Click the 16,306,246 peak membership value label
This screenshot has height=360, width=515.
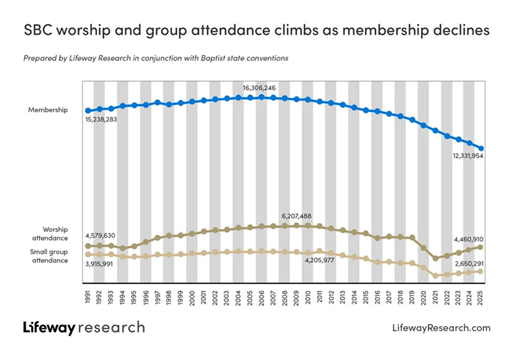click(259, 88)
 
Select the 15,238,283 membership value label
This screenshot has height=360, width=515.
click(102, 119)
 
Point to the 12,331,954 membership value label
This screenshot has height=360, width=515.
click(468, 156)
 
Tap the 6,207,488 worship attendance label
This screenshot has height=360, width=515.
click(296, 216)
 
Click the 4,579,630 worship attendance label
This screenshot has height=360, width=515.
click(100, 236)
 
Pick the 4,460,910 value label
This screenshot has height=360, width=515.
click(469, 239)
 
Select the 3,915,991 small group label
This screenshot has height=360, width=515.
click(99, 264)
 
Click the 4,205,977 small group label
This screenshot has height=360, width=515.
click(319, 261)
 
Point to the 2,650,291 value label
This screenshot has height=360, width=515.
click(469, 264)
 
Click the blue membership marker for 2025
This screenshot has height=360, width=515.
click(481, 149)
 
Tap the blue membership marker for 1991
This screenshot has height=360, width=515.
click(88, 110)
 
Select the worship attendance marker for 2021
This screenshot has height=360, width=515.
click(436, 258)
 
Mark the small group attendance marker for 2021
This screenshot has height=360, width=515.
click(436, 275)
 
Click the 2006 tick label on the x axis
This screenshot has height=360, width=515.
click(261, 298)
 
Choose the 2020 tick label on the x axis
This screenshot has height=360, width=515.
click(424, 298)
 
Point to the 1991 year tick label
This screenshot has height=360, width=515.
click(88, 298)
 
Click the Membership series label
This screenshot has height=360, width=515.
click(48, 110)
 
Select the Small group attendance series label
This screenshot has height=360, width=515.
click(49, 256)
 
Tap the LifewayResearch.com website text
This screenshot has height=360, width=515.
click(441, 328)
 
